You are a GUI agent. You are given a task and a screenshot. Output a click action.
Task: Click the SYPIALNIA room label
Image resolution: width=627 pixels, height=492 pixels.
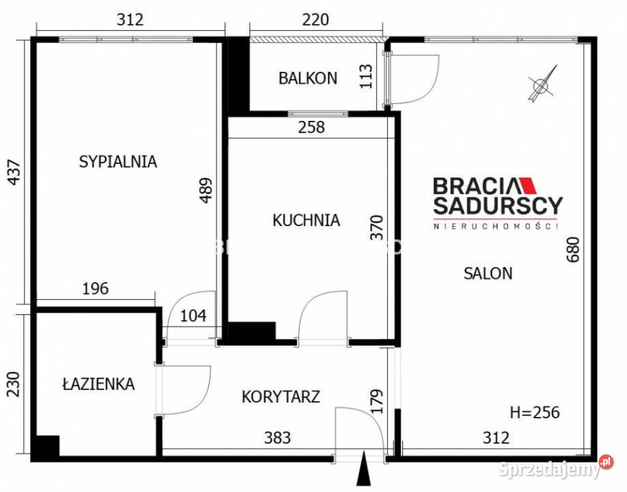117,162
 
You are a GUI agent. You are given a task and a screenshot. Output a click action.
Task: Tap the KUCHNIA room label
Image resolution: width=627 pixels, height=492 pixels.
306,220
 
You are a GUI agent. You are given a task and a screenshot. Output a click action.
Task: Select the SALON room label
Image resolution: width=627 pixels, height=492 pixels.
488,273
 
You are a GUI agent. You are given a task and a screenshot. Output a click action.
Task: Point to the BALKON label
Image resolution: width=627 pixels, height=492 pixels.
307,78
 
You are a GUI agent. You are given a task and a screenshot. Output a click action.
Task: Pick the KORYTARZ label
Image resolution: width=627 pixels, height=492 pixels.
281,396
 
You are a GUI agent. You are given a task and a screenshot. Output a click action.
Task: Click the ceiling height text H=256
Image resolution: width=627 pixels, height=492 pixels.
535,412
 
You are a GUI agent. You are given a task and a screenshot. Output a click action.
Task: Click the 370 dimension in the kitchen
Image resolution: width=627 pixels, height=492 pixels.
377,228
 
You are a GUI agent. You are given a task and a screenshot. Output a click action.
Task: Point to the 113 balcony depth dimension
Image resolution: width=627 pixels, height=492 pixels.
365,77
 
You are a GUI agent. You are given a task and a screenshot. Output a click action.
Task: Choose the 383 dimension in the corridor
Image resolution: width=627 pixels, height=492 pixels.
277,437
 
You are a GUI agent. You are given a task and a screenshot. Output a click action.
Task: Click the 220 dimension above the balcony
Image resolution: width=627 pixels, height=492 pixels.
315,19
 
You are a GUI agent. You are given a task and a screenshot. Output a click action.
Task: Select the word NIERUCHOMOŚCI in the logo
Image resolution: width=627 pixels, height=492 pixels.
496,225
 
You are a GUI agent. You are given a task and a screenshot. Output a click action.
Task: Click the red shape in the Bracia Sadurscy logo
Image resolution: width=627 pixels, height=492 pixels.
527,185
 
